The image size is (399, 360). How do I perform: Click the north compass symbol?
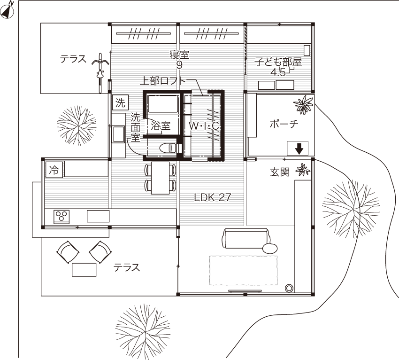tap(8, 11)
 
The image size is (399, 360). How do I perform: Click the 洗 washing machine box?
tap(119, 102)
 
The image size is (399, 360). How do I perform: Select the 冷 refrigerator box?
tap(53, 170)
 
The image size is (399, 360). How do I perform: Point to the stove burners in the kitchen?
tap(61, 217)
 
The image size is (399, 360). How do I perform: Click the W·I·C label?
tap(204, 125)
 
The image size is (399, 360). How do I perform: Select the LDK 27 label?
tap(212, 197)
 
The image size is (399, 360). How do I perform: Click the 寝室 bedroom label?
tap(179, 55)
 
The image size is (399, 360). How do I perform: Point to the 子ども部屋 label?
tap(278, 62)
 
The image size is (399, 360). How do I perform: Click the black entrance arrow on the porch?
tap(299, 149)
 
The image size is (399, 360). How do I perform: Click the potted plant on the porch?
tap(303, 105)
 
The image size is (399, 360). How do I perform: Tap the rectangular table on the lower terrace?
tap(84, 269)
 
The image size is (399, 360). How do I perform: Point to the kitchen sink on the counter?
tap(98, 216)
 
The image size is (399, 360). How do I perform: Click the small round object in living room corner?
tap(289, 288)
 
